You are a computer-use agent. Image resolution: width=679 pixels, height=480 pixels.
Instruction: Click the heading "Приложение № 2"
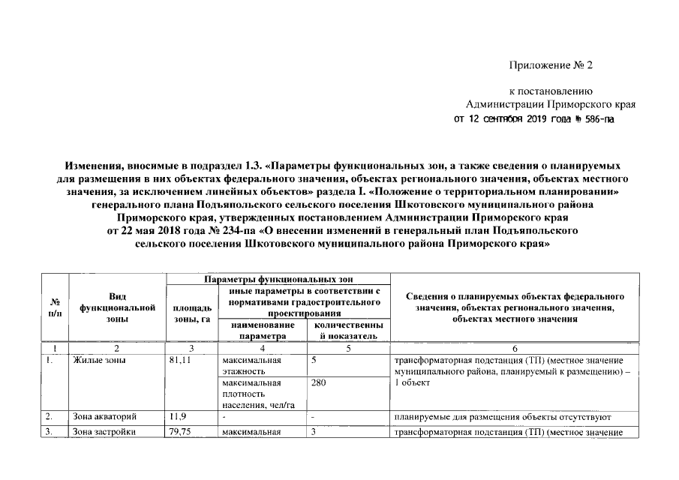551,65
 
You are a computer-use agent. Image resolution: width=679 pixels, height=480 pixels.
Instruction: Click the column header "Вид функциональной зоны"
116,307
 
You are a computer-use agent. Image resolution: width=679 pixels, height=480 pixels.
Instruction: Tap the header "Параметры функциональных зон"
278,279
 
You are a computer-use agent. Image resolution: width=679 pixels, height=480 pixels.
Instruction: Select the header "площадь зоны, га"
191,313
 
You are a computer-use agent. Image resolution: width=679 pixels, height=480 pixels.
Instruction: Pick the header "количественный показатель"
349,331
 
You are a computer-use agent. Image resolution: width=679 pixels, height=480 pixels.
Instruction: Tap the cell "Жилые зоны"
100,360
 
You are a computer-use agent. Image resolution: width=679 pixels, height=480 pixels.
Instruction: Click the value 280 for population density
320,382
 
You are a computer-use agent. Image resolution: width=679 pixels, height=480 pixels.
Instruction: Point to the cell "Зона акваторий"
105,416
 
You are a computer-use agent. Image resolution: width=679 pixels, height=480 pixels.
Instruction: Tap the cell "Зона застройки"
104,432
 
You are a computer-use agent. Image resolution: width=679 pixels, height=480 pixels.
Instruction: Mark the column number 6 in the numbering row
514,347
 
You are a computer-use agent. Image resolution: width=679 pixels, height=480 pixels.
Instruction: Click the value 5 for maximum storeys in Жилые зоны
315,360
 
